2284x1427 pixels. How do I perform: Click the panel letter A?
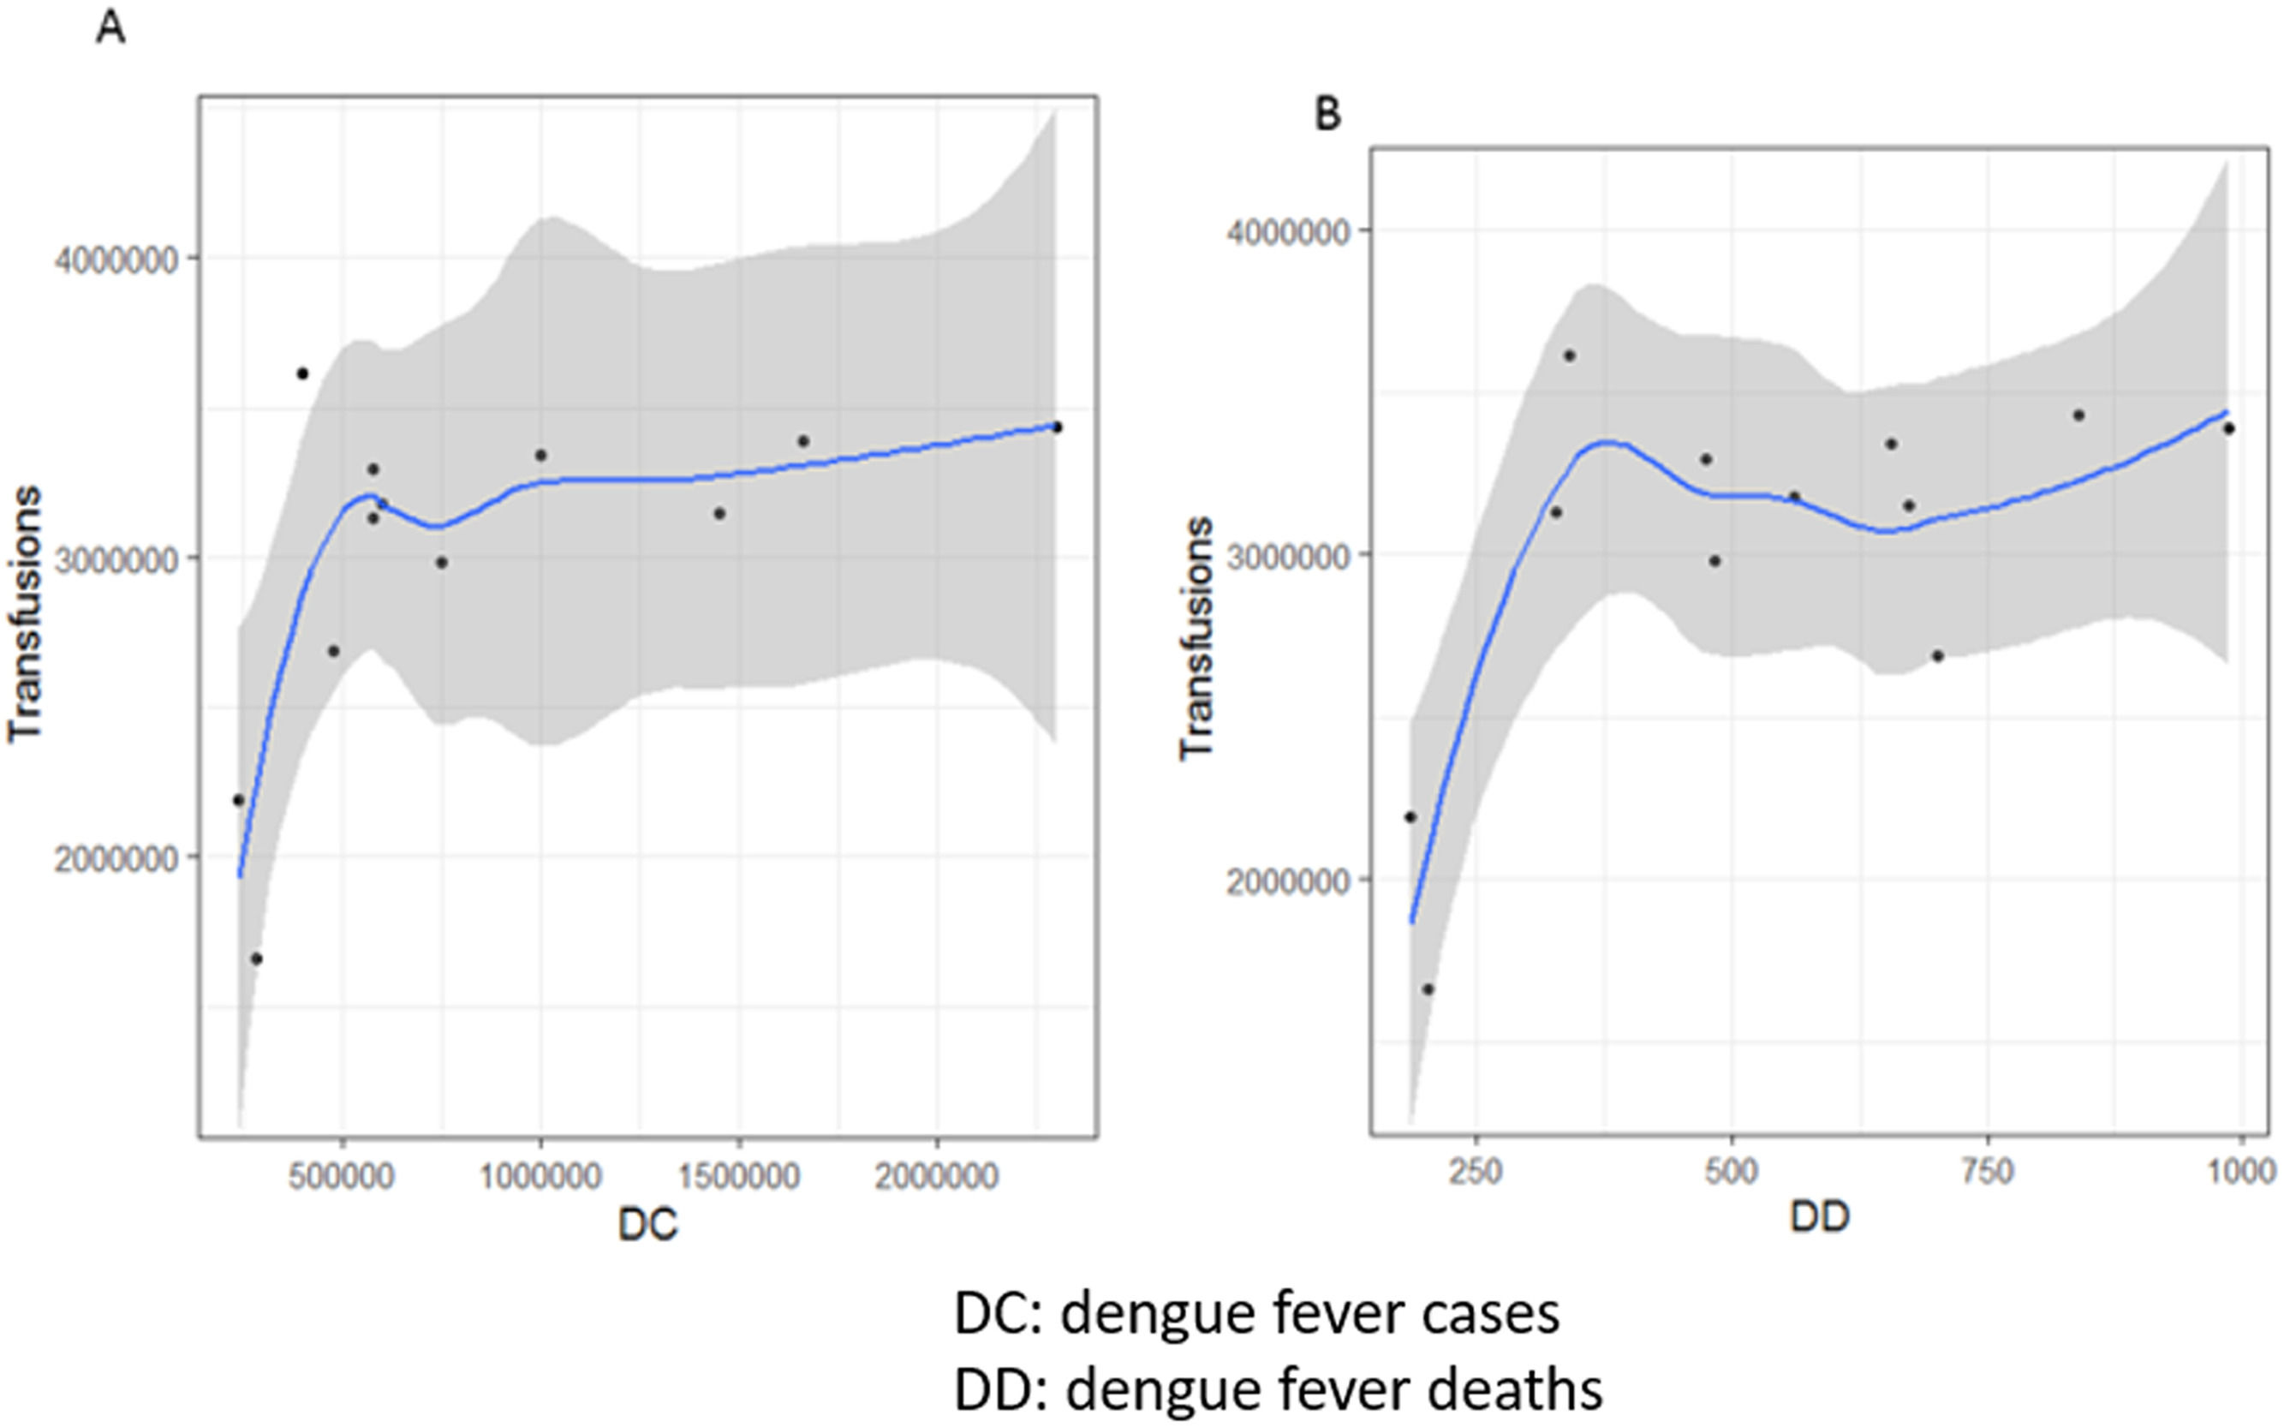(x=110, y=29)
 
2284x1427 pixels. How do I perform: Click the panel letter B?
(x=1327, y=114)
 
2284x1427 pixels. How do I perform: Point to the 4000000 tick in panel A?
(x=116, y=260)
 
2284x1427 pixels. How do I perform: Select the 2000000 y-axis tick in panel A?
(x=116, y=860)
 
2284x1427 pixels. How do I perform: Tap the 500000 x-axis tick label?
(x=342, y=1177)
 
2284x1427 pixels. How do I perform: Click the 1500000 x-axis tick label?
(x=739, y=1177)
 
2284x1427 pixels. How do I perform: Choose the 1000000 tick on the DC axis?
(x=540, y=1177)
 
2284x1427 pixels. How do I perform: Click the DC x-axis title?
(x=648, y=1224)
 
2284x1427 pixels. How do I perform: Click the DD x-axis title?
(x=1820, y=1217)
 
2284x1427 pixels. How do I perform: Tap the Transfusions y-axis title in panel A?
(x=26, y=613)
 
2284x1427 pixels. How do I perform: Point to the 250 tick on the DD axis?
(x=1476, y=1171)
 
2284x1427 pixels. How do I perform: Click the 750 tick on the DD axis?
(x=1988, y=1171)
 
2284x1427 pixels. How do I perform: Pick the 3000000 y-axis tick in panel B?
(x=1289, y=556)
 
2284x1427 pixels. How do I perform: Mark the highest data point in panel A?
(x=303, y=373)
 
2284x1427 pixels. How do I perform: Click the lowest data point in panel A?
(x=256, y=958)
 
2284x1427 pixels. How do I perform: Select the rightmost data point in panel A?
(x=1057, y=427)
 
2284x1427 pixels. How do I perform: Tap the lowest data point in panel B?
(x=1428, y=989)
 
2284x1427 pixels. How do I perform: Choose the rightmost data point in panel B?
(x=2228, y=428)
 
